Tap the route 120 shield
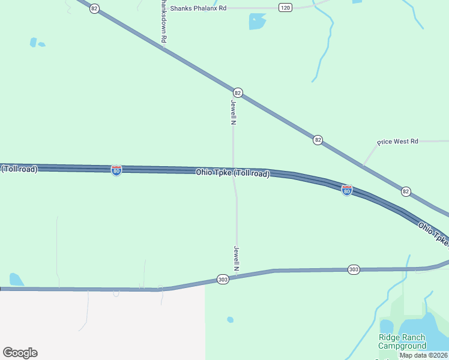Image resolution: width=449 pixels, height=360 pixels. (x=285, y=7)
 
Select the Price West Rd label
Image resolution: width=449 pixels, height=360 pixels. (x=397, y=142)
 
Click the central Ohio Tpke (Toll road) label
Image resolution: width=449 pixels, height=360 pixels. (x=233, y=173)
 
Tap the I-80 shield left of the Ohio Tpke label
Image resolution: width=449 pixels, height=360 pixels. (x=116, y=170)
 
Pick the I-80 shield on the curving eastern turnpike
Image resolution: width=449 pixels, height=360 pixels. (x=347, y=190)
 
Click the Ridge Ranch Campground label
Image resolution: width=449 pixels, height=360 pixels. (x=402, y=341)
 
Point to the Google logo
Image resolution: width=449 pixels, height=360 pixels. (x=20, y=353)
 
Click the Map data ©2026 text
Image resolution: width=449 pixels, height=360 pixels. (x=424, y=355)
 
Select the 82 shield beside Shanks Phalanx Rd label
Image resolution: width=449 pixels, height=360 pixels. (x=94, y=8)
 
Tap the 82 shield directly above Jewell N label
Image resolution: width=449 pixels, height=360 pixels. (x=238, y=92)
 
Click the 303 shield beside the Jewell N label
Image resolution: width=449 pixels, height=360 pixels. (x=223, y=280)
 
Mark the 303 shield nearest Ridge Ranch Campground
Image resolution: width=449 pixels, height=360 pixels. (x=354, y=270)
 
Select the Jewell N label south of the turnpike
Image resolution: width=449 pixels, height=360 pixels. (x=237, y=258)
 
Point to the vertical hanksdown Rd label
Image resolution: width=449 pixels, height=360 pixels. (x=163, y=21)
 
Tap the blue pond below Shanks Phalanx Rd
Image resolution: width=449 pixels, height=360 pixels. (x=257, y=22)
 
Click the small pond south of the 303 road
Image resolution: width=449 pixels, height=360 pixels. (x=231, y=320)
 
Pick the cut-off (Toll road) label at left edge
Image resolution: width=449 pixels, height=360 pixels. (x=19, y=169)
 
